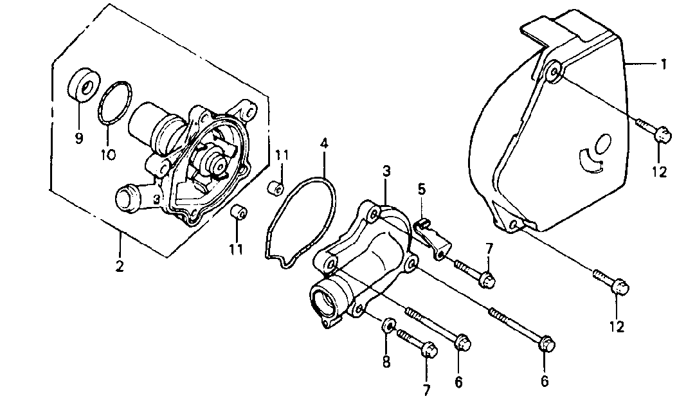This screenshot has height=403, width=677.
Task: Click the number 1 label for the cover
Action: (662, 64)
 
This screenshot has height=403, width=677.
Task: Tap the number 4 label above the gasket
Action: (325, 143)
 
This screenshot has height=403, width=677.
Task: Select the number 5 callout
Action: (421, 190)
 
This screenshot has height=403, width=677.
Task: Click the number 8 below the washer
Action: (386, 362)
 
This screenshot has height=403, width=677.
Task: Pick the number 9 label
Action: (78, 138)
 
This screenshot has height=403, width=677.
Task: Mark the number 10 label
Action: (107, 154)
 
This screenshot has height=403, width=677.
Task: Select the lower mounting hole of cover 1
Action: (514, 224)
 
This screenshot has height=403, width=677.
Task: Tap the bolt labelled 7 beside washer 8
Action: (416, 343)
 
